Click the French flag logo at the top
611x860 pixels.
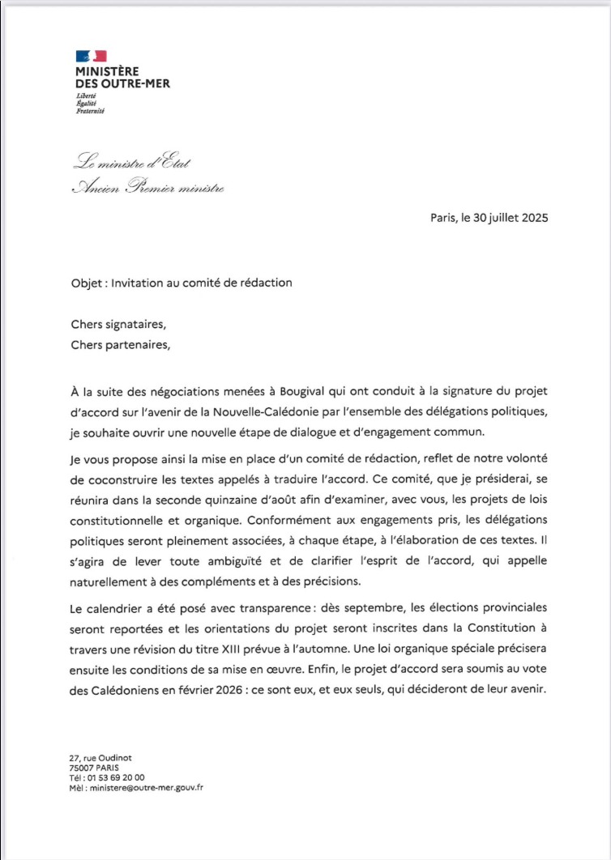[91, 56]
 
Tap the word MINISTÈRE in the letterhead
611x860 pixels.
[107, 71]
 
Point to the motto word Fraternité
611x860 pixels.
[90, 111]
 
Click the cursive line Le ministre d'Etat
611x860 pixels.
[131, 162]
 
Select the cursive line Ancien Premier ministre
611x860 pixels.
[147, 188]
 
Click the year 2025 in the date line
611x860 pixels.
[533, 218]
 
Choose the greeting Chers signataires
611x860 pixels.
[117, 326]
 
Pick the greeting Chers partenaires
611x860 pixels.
[122, 343]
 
